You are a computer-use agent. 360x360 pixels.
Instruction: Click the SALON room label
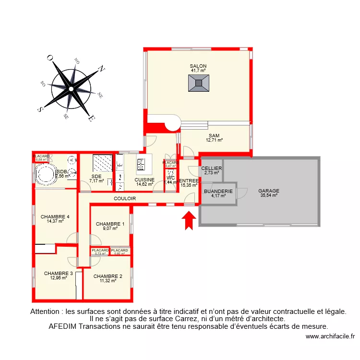[x=198, y=66]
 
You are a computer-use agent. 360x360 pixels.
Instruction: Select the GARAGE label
[x=268, y=191]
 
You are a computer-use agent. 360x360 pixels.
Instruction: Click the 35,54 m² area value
[x=269, y=195]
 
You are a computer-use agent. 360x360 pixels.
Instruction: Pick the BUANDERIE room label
[x=218, y=191]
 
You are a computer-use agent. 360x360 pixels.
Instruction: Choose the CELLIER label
[x=211, y=168]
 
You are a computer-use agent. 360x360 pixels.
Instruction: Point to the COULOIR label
[x=125, y=198]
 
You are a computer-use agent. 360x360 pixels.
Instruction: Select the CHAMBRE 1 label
[x=110, y=224]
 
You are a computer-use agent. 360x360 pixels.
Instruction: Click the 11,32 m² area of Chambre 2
[x=108, y=281]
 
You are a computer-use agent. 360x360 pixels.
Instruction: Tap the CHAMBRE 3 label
[x=58, y=274]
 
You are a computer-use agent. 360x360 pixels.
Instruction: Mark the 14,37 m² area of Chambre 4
[x=55, y=221]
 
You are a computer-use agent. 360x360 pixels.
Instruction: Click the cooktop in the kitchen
[x=141, y=165]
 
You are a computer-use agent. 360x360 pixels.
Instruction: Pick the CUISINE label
[x=144, y=180]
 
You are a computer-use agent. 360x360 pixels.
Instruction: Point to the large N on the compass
[x=101, y=69]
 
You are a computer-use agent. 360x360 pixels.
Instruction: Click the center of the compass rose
[x=71, y=88]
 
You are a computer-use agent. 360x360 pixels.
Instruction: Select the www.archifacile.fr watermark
[x=330, y=336]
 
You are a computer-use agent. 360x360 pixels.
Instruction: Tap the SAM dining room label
[x=214, y=136]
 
